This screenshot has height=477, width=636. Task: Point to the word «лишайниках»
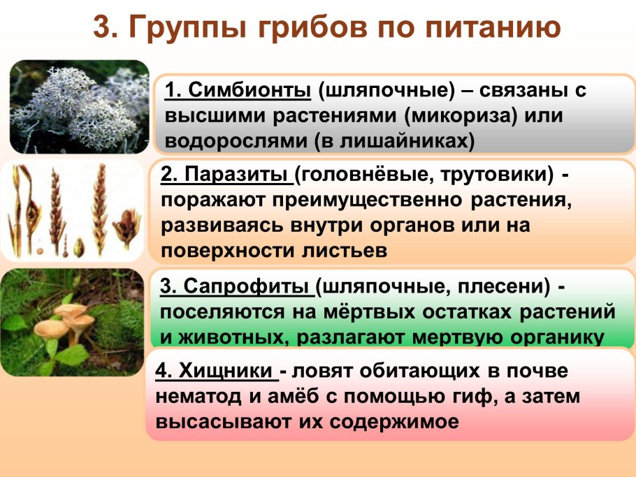(405, 140)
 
